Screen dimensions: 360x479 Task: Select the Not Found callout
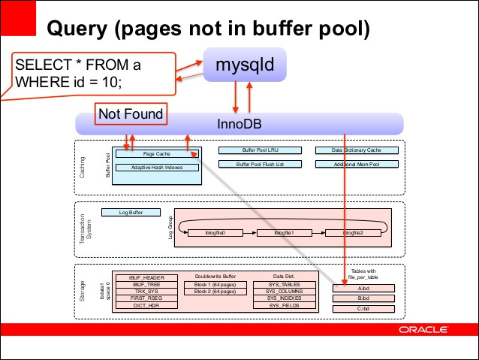coord(128,115)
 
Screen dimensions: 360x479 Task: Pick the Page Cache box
coord(156,153)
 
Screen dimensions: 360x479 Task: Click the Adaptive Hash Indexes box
coord(156,167)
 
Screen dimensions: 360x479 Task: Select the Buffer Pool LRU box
coord(260,150)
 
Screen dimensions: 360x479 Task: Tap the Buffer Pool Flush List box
coord(260,164)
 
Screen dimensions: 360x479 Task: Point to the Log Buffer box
coord(131,213)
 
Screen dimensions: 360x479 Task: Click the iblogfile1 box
coord(284,233)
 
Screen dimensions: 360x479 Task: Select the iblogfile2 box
coord(353,233)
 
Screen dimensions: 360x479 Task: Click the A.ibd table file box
coord(363,287)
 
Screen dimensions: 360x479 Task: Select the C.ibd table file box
coord(363,308)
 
